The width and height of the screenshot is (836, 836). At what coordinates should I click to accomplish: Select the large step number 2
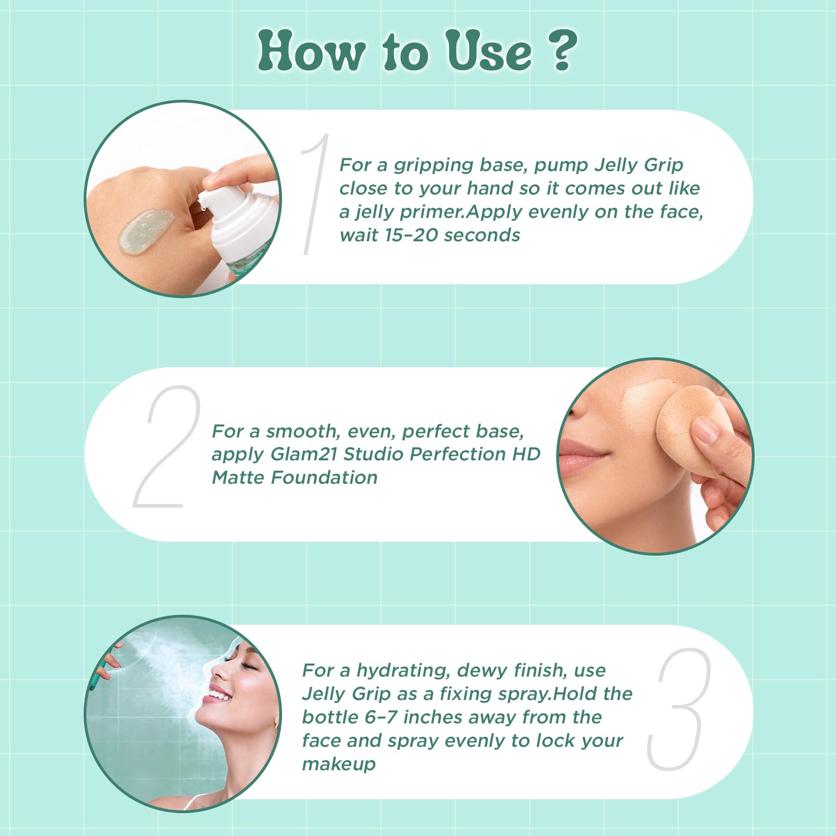point(166,446)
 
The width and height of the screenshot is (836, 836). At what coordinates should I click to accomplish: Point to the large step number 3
point(679,709)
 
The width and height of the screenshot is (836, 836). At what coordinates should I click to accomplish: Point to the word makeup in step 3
point(339,764)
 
